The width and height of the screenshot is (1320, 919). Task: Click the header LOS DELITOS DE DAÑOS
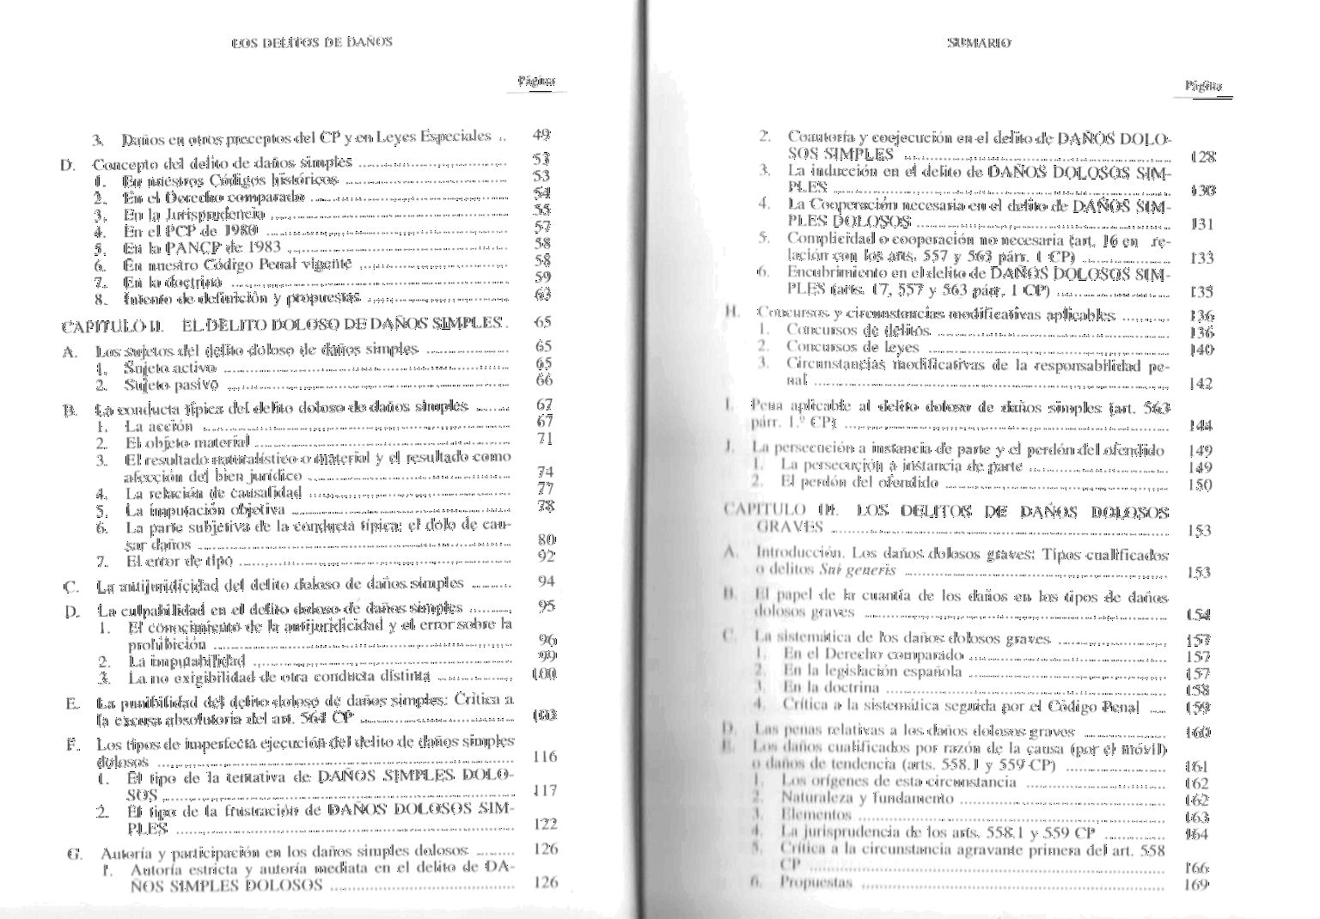click(312, 41)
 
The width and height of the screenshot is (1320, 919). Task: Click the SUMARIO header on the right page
click(979, 42)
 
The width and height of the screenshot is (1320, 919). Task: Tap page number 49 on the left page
click(541, 134)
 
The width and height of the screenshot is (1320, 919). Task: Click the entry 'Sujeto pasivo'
click(171, 385)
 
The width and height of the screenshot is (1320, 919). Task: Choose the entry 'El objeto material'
click(187, 442)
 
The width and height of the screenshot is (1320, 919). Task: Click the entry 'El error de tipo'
click(179, 561)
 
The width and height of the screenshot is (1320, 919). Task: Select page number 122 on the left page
click(545, 824)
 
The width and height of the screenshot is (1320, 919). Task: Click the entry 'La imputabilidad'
click(186, 661)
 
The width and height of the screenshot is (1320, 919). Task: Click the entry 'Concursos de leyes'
click(852, 347)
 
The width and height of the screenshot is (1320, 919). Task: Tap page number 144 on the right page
click(1201, 424)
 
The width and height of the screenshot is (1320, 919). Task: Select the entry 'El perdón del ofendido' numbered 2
click(847, 483)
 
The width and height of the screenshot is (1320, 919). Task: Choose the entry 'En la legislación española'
click(871, 672)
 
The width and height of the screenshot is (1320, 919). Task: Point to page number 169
click(1196, 884)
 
